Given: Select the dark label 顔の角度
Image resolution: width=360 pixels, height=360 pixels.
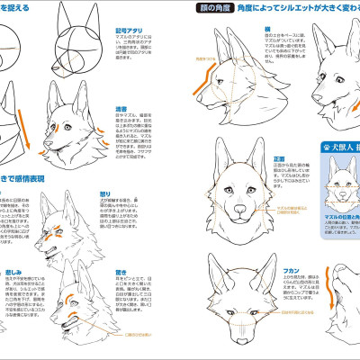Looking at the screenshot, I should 212,8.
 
